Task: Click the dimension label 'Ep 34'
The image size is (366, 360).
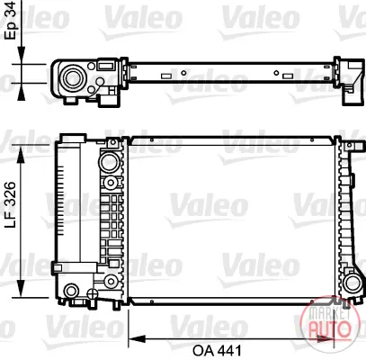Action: [x=12, y=20]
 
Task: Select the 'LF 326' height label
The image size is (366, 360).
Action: [x=11, y=204]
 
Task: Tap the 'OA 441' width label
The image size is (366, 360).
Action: [x=217, y=350]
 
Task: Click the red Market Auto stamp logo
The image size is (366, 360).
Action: [x=326, y=320]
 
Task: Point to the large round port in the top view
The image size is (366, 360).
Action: [x=73, y=78]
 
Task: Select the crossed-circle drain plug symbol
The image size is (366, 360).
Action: [x=93, y=293]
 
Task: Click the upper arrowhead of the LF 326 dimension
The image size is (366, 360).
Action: [x=21, y=156]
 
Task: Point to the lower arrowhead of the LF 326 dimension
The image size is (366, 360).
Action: [x=21, y=288]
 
